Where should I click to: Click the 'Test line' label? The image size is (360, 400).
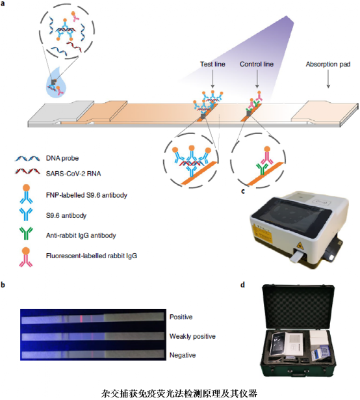point(212,64)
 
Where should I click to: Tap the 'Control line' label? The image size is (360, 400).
point(257,64)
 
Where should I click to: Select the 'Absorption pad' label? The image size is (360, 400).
point(328,64)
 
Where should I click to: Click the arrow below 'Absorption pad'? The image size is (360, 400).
point(328,79)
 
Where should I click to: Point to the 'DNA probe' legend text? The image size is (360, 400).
point(62,158)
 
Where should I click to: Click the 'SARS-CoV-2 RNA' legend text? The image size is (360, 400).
point(73,174)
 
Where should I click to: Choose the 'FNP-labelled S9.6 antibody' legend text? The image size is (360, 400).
point(86,195)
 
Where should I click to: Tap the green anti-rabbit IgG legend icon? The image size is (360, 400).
point(26,233)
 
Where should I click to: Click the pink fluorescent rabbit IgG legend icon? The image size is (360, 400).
point(26,257)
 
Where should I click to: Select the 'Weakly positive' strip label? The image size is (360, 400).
point(192,336)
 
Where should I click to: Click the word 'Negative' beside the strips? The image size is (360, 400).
point(183,355)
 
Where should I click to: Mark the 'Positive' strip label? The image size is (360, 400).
point(181,317)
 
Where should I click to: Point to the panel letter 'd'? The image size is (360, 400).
point(243,284)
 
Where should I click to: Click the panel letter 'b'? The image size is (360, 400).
point(3,284)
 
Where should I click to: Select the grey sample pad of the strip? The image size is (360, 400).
point(60,113)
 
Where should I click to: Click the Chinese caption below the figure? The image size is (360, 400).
point(179,393)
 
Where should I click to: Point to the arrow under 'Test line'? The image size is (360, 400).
point(212,79)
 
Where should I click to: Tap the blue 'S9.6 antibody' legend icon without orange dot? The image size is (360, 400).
point(26,214)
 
